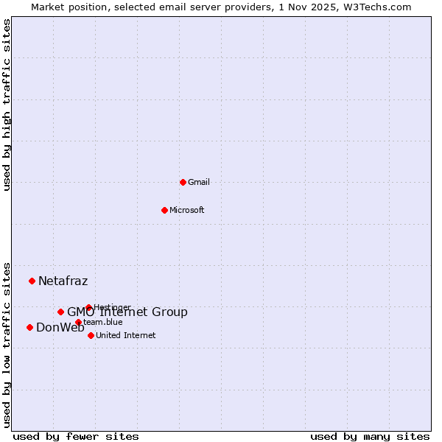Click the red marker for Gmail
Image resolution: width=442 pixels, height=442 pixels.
[x=183, y=182]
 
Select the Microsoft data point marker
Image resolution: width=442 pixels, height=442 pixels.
[x=164, y=210]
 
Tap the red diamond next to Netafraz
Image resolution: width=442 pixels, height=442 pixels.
[x=32, y=281]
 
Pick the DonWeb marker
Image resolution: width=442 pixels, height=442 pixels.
[x=29, y=327]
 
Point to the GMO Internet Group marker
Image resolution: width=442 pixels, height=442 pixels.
[x=60, y=312]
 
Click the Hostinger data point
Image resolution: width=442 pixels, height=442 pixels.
[x=88, y=307]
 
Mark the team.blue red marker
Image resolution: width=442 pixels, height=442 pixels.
[x=78, y=322]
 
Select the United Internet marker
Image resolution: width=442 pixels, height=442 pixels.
[x=91, y=335]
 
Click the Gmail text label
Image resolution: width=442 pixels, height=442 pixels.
[x=199, y=182]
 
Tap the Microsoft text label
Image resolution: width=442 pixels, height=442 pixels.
[x=187, y=210]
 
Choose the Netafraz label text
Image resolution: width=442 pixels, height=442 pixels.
[x=63, y=281]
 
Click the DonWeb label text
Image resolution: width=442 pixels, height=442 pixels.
[x=60, y=328]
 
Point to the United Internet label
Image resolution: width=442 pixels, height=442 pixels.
[x=126, y=335]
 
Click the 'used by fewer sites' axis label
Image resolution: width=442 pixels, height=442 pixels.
[x=76, y=436]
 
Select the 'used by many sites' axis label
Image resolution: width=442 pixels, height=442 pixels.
[x=370, y=436]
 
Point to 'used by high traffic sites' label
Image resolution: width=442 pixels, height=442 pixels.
[x=7, y=105]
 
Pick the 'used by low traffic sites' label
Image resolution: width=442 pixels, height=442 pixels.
[x=7, y=344]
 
